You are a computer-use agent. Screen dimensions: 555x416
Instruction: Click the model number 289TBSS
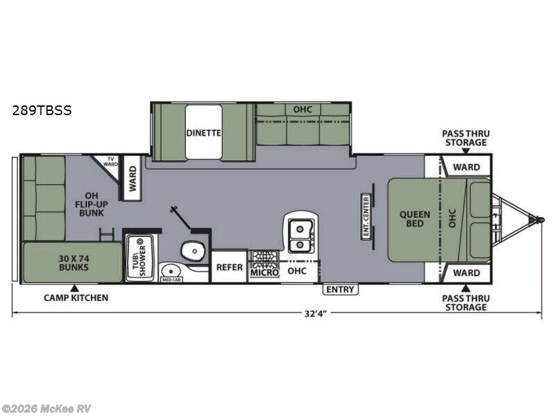click(x=42, y=110)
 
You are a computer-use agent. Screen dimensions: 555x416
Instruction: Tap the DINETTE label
click(x=203, y=132)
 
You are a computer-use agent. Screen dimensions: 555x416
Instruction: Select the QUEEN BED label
click(x=414, y=219)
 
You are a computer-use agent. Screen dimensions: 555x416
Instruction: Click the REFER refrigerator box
click(x=230, y=267)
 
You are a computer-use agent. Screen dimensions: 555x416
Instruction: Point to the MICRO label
click(x=264, y=272)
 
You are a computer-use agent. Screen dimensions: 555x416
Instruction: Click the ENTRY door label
click(x=340, y=289)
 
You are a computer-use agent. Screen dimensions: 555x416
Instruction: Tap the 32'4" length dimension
click(x=315, y=314)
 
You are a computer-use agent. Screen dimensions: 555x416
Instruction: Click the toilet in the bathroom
click(x=193, y=251)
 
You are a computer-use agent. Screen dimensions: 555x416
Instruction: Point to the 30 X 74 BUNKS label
click(x=74, y=263)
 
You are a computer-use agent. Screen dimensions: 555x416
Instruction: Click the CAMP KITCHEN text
click(x=76, y=298)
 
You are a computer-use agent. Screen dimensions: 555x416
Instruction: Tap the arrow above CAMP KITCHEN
click(x=74, y=288)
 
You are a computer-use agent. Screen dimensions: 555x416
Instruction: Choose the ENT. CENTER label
click(x=366, y=216)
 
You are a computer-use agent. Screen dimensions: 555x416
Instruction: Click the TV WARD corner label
click(x=110, y=162)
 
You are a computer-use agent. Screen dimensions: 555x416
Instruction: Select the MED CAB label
click(x=171, y=279)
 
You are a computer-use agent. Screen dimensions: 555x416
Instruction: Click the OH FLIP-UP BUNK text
click(x=92, y=204)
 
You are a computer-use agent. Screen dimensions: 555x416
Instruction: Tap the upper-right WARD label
click(x=466, y=167)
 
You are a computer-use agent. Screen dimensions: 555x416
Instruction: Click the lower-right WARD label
click(x=466, y=272)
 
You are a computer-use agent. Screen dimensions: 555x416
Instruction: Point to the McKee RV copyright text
click(x=46, y=408)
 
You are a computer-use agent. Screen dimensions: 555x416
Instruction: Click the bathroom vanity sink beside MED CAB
click(x=171, y=271)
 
